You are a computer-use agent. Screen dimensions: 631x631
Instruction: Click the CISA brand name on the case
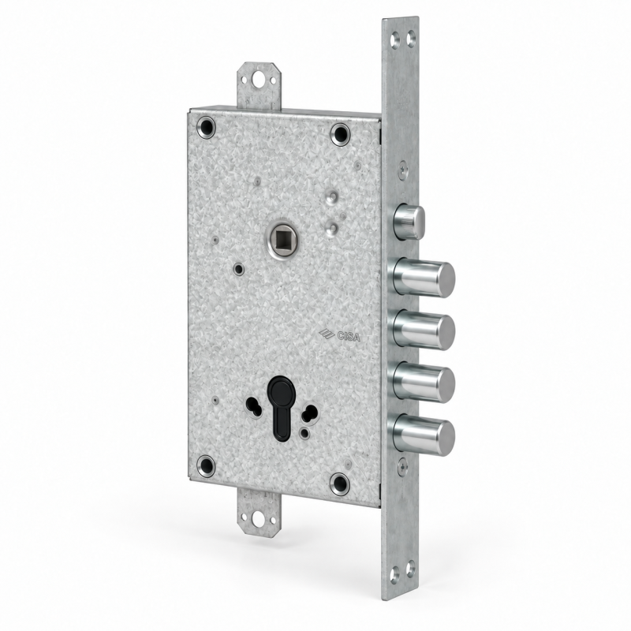(x=349, y=336)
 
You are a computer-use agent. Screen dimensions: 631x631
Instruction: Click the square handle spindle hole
(x=279, y=239)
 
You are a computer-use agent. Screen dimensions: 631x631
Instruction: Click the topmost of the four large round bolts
(x=424, y=278)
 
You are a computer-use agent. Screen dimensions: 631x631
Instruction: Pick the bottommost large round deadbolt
(x=424, y=436)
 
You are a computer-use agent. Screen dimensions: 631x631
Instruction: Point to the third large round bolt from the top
(x=424, y=383)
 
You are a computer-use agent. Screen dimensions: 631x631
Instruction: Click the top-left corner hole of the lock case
(x=206, y=127)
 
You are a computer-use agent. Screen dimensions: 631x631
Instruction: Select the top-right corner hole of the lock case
(x=341, y=134)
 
